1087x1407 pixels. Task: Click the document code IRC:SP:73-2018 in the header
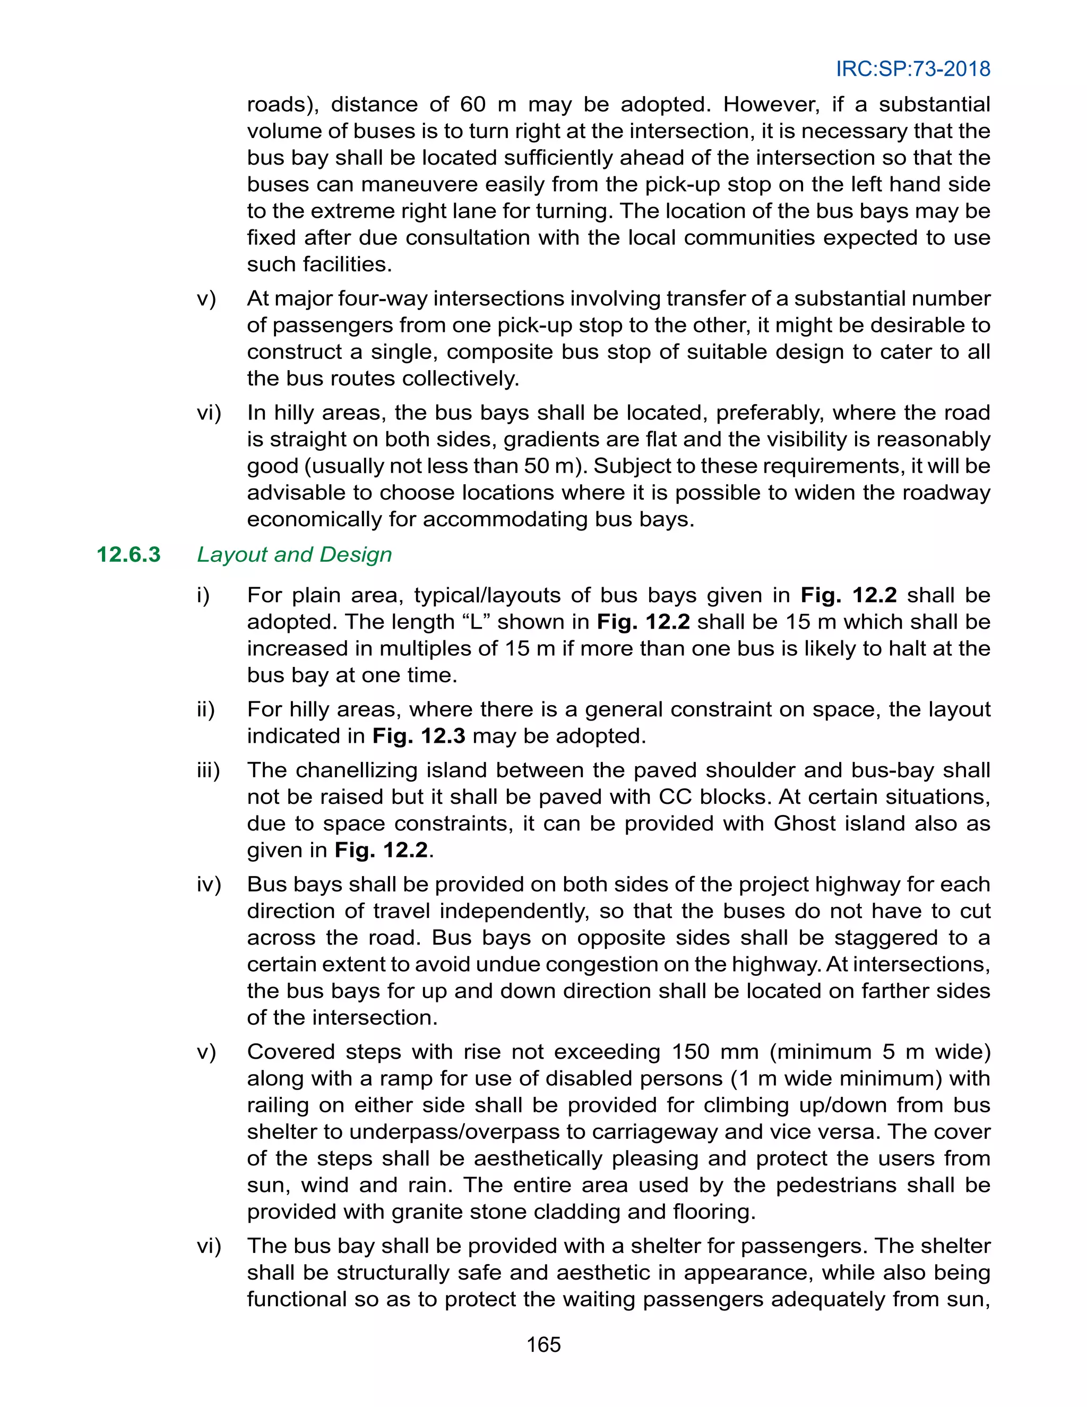(x=912, y=69)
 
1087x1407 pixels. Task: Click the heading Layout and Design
(x=294, y=555)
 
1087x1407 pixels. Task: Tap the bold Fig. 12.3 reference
(x=419, y=736)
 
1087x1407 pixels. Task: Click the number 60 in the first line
(x=473, y=105)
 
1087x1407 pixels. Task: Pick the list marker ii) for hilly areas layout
(x=205, y=709)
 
